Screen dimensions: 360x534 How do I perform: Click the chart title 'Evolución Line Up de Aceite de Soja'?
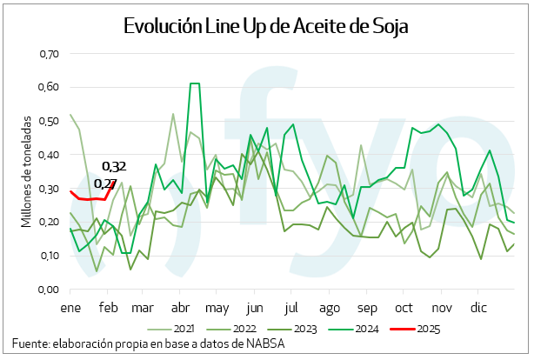tap(266, 25)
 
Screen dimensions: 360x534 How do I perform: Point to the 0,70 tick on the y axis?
tap(48, 54)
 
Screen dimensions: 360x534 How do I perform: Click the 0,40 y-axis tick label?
tap(48, 155)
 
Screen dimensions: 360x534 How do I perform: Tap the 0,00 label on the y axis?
tap(48, 290)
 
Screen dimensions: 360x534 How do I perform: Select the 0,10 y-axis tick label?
tap(48, 256)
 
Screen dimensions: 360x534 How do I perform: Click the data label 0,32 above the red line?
tap(114, 166)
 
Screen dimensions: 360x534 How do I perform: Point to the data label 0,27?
tap(105, 183)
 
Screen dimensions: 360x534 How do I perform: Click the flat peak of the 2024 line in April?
tap(194, 83)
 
